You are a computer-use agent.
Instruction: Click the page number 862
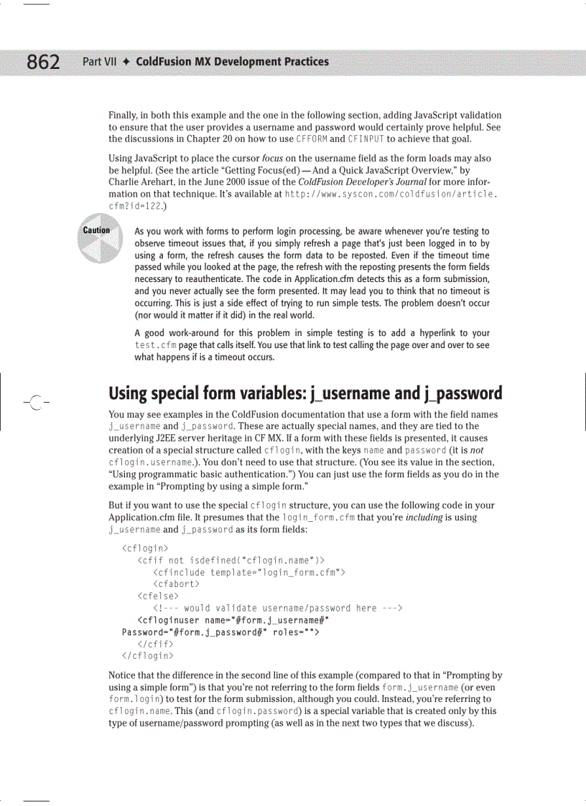(x=43, y=62)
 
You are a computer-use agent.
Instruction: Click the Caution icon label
(x=96, y=230)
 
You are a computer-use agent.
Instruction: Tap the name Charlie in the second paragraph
(x=124, y=182)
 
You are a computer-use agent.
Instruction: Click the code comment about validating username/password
(x=277, y=608)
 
